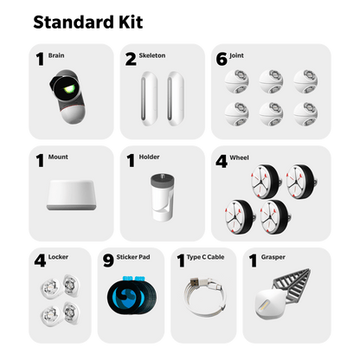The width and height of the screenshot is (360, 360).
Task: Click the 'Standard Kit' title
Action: click(x=88, y=22)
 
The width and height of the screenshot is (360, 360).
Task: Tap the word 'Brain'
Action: click(x=56, y=55)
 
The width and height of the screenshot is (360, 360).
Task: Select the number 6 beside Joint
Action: click(x=222, y=59)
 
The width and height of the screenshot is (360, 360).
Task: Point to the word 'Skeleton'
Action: click(x=152, y=55)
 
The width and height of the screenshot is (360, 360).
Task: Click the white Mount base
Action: click(x=72, y=196)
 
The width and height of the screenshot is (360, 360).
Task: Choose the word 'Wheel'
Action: click(x=239, y=157)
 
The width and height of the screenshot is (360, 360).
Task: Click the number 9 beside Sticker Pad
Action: click(x=108, y=260)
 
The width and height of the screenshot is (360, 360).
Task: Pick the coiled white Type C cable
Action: click(x=204, y=298)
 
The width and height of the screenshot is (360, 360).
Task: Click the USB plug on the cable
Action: click(x=196, y=281)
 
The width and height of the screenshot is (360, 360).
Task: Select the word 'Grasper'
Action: click(x=273, y=257)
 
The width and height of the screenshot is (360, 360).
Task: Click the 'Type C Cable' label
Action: click(x=205, y=257)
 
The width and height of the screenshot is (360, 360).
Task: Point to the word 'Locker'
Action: click(x=58, y=257)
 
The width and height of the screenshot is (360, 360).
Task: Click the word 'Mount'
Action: click(x=58, y=157)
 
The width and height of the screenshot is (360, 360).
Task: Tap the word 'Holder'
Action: click(x=149, y=157)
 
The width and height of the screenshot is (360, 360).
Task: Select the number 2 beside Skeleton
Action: click(x=131, y=59)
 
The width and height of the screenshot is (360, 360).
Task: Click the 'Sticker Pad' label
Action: click(x=133, y=257)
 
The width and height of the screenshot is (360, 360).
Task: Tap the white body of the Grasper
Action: click(x=270, y=304)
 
